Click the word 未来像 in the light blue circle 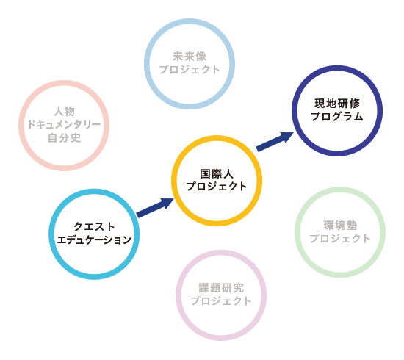click(x=190, y=57)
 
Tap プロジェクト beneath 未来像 click(x=190, y=69)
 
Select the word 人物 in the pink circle click(x=64, y=112)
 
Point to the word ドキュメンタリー click(x=64, y=124)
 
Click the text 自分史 click(x=64, y=137)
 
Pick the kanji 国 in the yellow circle click(x=206, y=173)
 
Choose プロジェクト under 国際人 click(x=217, y=187)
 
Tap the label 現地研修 click(x=337, y=104)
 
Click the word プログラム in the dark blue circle click(x=337, y=117)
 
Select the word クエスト click(x=94, y=227)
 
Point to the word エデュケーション click(x=94, y=240)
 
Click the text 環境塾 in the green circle click(x=340, y=226)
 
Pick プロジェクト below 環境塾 click(x=340, y=238)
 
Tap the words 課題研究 click(x=221, y=288)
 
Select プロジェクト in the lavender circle click(x=221, y=300)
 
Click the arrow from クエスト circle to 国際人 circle click(x=155, y=207)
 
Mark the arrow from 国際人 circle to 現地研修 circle click(x=275, y=141)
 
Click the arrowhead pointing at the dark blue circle click(x=287, y=137)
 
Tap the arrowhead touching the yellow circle click(x=167, y=203)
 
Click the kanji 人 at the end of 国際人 click(x=228, y=173)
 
